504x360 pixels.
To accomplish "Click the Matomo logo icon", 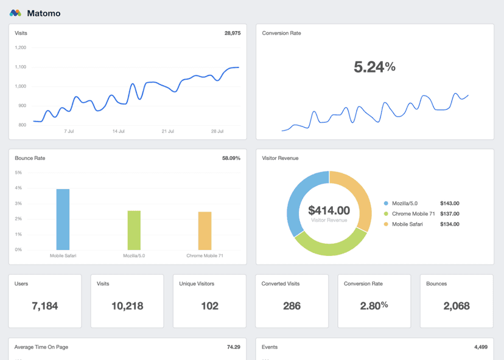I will click(x=15, y=13).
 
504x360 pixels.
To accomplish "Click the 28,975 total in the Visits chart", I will click(x=232, y=33).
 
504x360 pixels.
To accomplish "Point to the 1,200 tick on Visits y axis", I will click(x=20, y=47).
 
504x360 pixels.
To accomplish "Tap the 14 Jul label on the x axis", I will click(x=118, y=131).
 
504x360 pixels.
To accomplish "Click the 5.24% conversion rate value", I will click(x=374, y=67).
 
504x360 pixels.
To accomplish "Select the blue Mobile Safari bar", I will click(x=63, y=219).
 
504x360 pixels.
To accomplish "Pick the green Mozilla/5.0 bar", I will click(x=134, y=230).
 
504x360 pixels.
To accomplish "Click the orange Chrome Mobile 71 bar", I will click(x=205, y=230).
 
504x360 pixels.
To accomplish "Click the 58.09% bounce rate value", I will click(x=231, y=158).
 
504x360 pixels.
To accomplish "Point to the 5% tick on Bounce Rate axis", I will click(x=18, y=173).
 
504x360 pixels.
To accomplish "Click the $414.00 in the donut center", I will click(x=329, y=210).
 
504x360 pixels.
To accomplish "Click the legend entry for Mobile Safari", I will click(x=408, y=224).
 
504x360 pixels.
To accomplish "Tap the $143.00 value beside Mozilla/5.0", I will click(x=449, y=204).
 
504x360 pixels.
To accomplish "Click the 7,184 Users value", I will click(x=45, y=306).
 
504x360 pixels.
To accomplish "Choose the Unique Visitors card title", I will click(x=197, y=283).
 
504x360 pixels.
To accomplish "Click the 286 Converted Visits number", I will click(x=292, y=306).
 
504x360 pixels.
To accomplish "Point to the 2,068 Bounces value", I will click(x=456, y=306).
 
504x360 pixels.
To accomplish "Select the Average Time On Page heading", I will click(x=41, y=347).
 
